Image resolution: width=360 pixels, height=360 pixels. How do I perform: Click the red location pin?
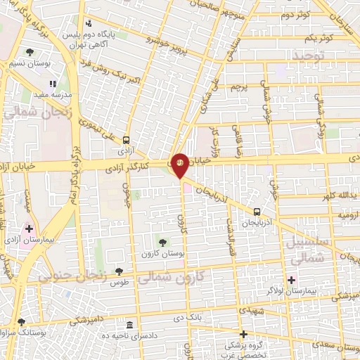[x=180, y=164]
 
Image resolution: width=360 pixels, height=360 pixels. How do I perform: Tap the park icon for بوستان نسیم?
[x=30, y=52]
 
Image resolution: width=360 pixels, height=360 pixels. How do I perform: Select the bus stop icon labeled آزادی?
[x=126, y=140]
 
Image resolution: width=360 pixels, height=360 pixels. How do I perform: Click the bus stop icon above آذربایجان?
[x=257, y=211]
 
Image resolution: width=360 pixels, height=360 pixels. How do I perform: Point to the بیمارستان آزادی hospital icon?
[x=29, y=229]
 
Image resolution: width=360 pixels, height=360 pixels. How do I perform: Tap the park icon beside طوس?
[x=119, y=271]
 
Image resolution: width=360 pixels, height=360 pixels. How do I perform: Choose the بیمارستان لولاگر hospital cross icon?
[x=291, y=280]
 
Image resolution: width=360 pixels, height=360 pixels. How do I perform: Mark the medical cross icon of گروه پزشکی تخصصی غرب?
[x=244, y=334]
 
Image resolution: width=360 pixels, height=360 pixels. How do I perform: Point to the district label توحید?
[x=311, y=55]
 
